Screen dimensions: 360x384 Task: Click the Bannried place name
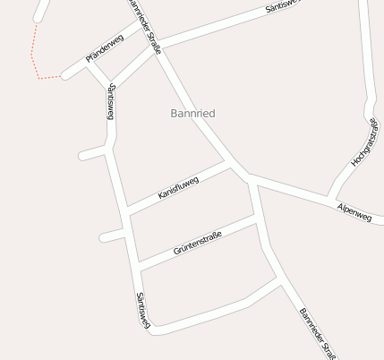192,114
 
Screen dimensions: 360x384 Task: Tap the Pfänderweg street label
103,48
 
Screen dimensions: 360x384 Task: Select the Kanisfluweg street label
178,187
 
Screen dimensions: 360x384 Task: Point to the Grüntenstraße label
198,240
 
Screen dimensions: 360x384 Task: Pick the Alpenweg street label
354,212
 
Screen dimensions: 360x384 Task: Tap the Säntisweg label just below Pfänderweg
110,101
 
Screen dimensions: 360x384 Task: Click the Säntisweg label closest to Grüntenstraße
141,312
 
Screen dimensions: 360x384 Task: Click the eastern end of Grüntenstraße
259,219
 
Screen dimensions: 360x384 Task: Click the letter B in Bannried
174,114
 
